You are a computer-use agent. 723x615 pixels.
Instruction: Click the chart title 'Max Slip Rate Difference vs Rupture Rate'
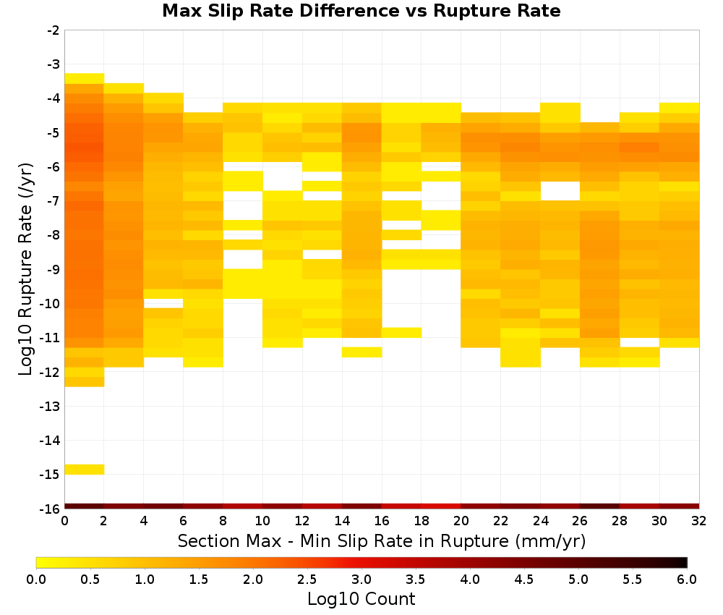[x=361, y=11]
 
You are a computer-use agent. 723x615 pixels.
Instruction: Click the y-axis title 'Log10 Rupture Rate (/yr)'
[x=26, y=269]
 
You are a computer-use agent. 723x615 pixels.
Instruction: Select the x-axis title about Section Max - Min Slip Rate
[x=382, y=540]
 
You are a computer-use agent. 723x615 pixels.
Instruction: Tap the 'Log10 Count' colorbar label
[x=361, y=599]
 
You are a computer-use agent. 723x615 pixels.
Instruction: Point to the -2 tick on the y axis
[x=54, y=30]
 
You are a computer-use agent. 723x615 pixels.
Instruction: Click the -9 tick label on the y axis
[x=54, y=269]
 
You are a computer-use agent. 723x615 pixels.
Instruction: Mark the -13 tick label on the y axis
[x=51, y=406]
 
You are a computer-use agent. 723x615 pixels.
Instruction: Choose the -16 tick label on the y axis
[x=51, y=509]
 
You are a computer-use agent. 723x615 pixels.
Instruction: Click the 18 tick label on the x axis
[x=422, y=521]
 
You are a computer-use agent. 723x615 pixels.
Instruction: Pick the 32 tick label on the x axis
[x=699, y=521]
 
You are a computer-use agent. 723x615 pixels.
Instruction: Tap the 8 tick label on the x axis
[x=223, y=521]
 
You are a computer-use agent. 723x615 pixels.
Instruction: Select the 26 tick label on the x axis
[x=580, y=521]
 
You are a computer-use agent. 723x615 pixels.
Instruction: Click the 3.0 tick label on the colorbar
[x=361, y=579]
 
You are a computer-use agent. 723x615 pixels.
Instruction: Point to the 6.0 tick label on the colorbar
[x=687, y=579]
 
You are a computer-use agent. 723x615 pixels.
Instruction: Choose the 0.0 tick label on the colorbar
[x=36, y=579]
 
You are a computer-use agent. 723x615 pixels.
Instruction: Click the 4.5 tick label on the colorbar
[x=524, y=579]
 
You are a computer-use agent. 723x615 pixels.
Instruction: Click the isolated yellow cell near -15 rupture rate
[x=85, y=469]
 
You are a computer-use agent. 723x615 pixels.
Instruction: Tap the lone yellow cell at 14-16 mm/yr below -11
[x=362, y=352]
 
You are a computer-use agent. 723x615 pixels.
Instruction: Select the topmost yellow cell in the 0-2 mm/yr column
[x=85, y=78]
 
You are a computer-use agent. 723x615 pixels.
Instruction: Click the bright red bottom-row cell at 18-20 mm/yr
[x=441, y=506]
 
